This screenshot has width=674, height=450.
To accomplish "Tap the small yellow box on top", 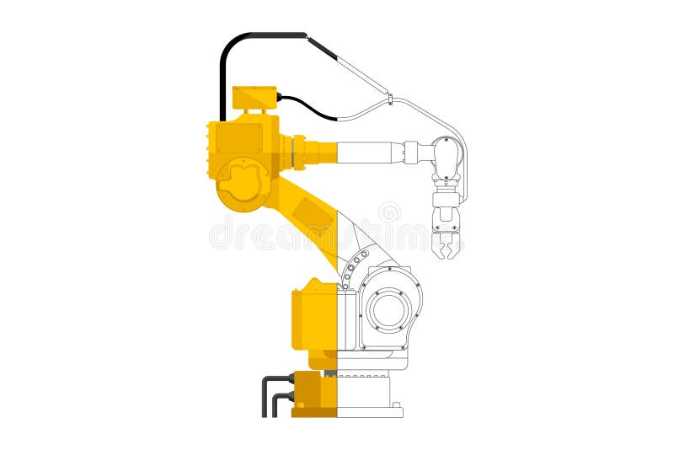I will [x=254, y=99].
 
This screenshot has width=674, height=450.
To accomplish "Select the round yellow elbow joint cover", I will [x=243, y=184].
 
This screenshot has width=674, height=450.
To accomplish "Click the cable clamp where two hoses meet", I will [x=389, y=100].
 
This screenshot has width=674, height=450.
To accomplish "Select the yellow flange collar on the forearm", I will [x=298, y=153].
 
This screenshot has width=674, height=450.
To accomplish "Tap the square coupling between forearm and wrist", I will [x=411, y=153].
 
